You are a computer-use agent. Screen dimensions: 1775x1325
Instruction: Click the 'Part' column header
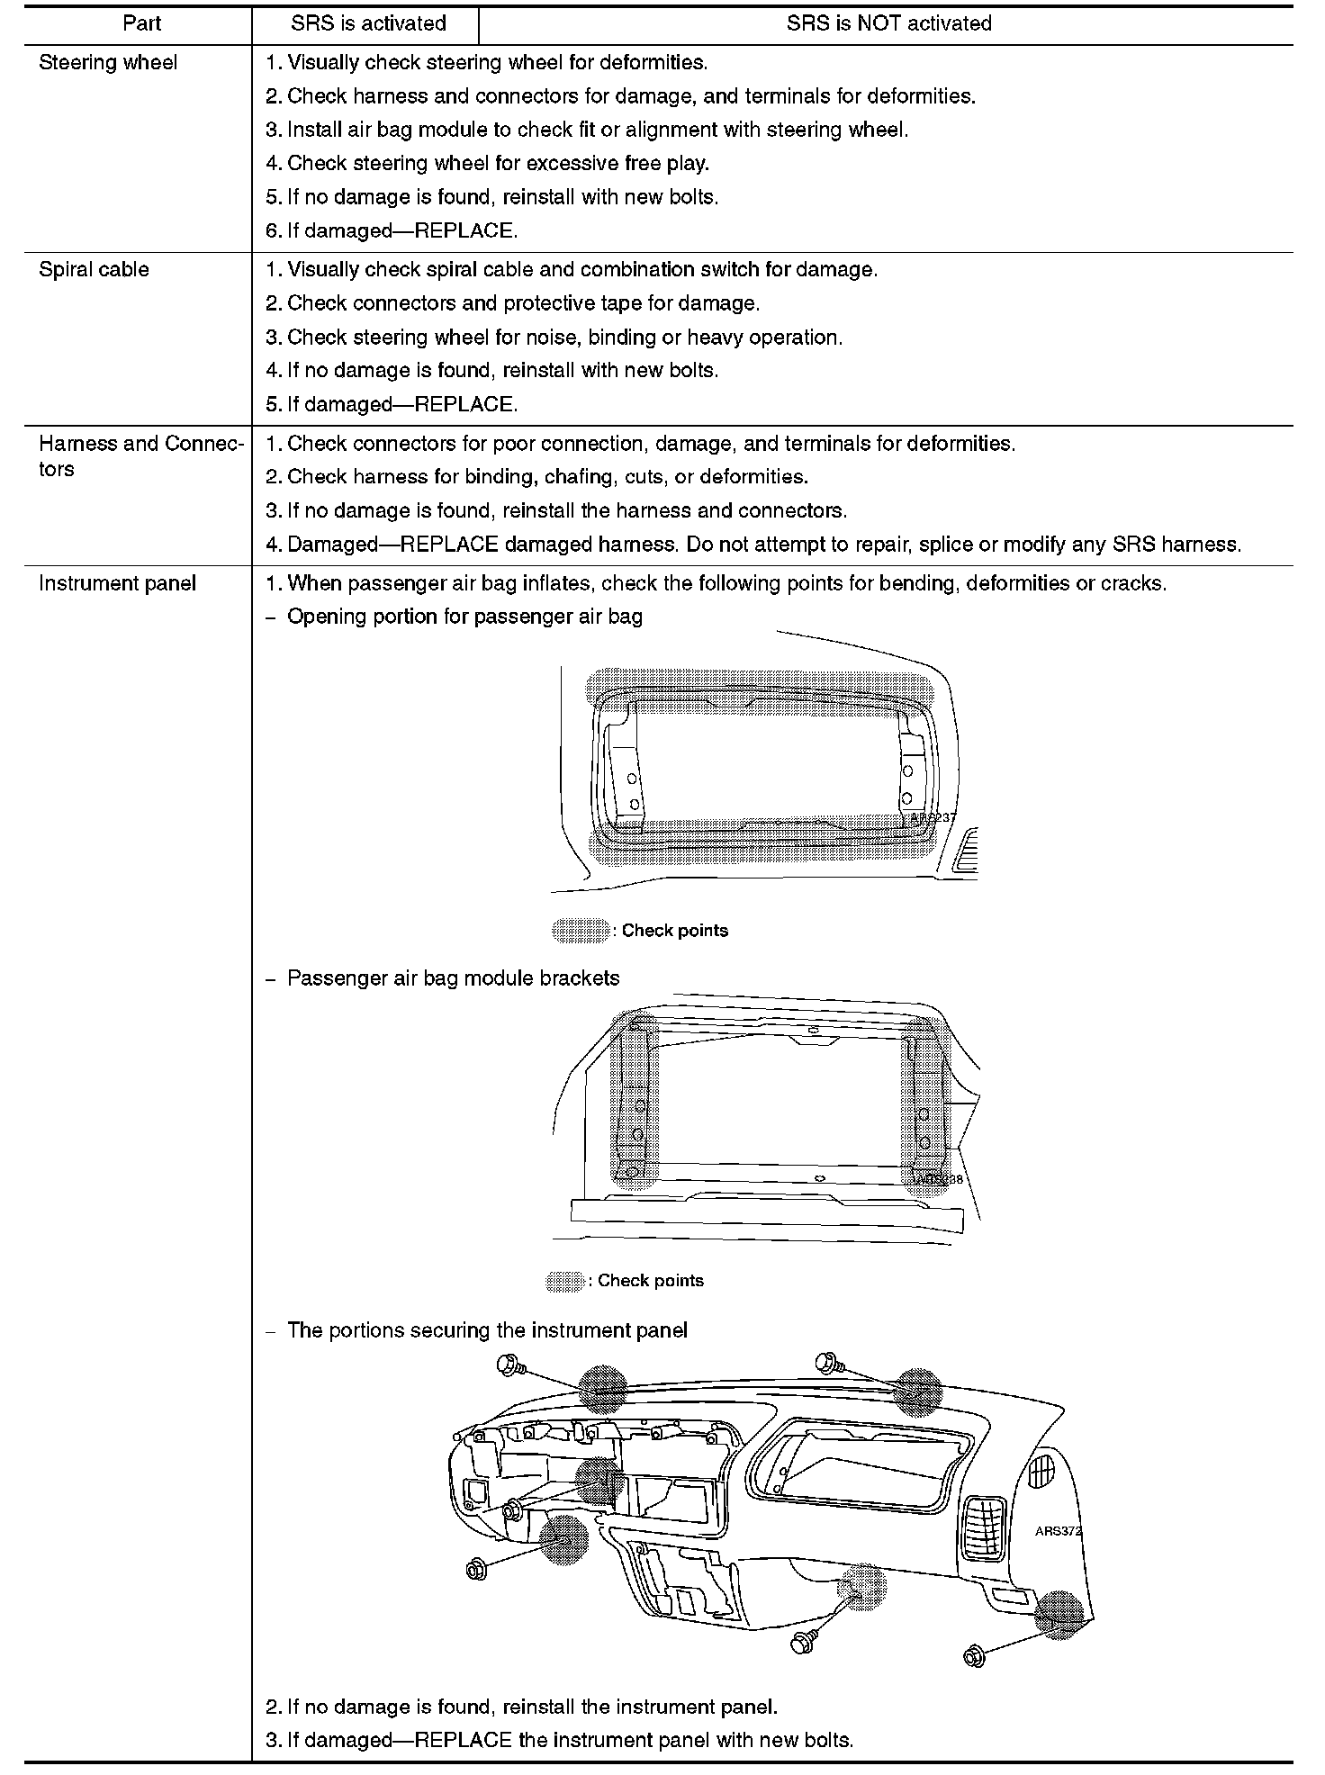[x=141, y=23]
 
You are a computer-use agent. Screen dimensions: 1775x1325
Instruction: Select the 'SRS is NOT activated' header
[x=888, y=23]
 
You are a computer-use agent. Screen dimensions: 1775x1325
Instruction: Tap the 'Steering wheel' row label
[x=108, y=63]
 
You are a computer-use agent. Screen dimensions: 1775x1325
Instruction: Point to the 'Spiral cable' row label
[x=94, y=270]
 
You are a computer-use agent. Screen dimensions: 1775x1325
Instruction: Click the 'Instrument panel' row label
[x=117, y=583]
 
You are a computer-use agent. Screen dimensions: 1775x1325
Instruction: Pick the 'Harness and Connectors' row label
[x=140, y=455]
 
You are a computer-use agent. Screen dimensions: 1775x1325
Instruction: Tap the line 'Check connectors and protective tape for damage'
[x=523, y=303]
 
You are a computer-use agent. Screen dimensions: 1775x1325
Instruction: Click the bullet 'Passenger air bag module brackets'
[x=453, y=978]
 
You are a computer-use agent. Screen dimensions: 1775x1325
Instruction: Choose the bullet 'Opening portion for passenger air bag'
[x=464, y=617]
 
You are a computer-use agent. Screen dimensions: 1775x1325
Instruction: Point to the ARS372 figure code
[x=1058, y=1531]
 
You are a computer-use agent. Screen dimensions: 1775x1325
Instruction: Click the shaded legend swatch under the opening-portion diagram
[x=581, y=931]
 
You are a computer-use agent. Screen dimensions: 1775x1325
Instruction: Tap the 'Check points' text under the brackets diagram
[x=650, y=1281]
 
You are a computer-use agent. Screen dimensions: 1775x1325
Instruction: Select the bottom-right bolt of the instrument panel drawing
[x=974, y=1656]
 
